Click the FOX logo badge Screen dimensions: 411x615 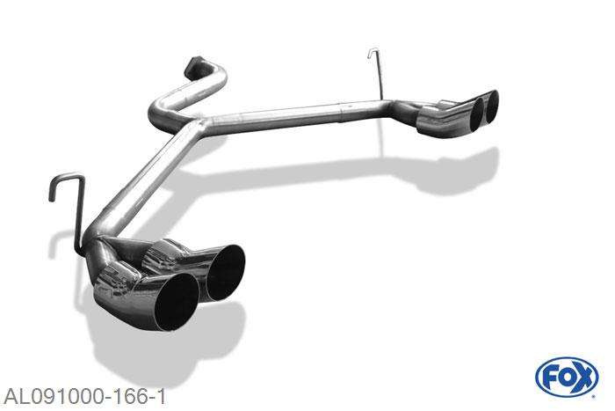[x=567, y=377]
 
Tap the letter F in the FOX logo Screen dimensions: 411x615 [x=550, y=377]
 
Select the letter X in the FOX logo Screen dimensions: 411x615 [x=584, y=377]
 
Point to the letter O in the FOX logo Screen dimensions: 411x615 [x=567, y=377]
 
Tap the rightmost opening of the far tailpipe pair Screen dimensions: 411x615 [x=490, y=104]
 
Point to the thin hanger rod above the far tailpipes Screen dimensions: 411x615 [x=380, y=75]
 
